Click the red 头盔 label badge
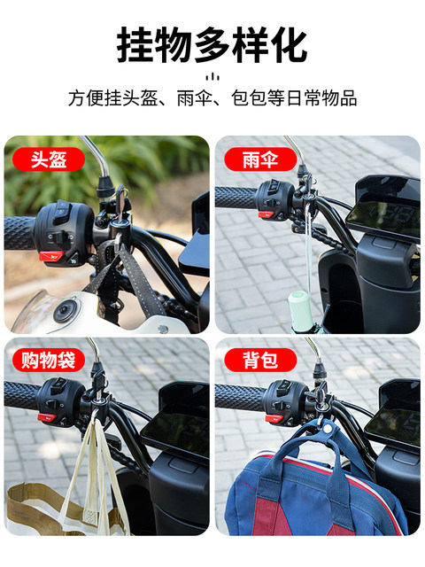tap(49, 159)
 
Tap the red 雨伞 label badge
tap(260, 159)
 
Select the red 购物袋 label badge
tap(49, 360)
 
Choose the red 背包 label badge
tap(260, 360)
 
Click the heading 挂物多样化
tap(212, 45)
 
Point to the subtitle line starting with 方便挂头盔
tap(212, 98)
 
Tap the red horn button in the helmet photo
tap(51, 256)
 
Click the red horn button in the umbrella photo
tap(266, 214)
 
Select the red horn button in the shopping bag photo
tap(47, 417)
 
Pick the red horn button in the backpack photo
tap(274, 418)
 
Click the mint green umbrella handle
tap(299, 308)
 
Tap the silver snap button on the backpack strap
tap(328, 429)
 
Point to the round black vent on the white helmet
tap(65, 311)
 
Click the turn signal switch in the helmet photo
tap(60, 237)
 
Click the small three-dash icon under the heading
tap(212, 77)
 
